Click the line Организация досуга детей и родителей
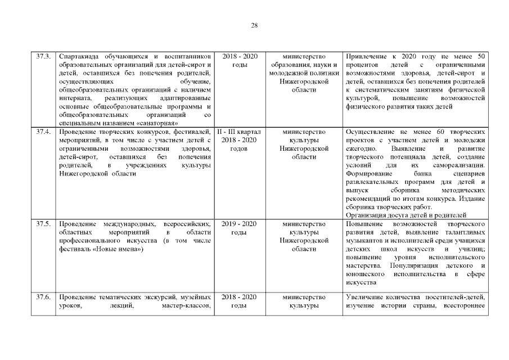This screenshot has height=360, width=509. tap(406, 215)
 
